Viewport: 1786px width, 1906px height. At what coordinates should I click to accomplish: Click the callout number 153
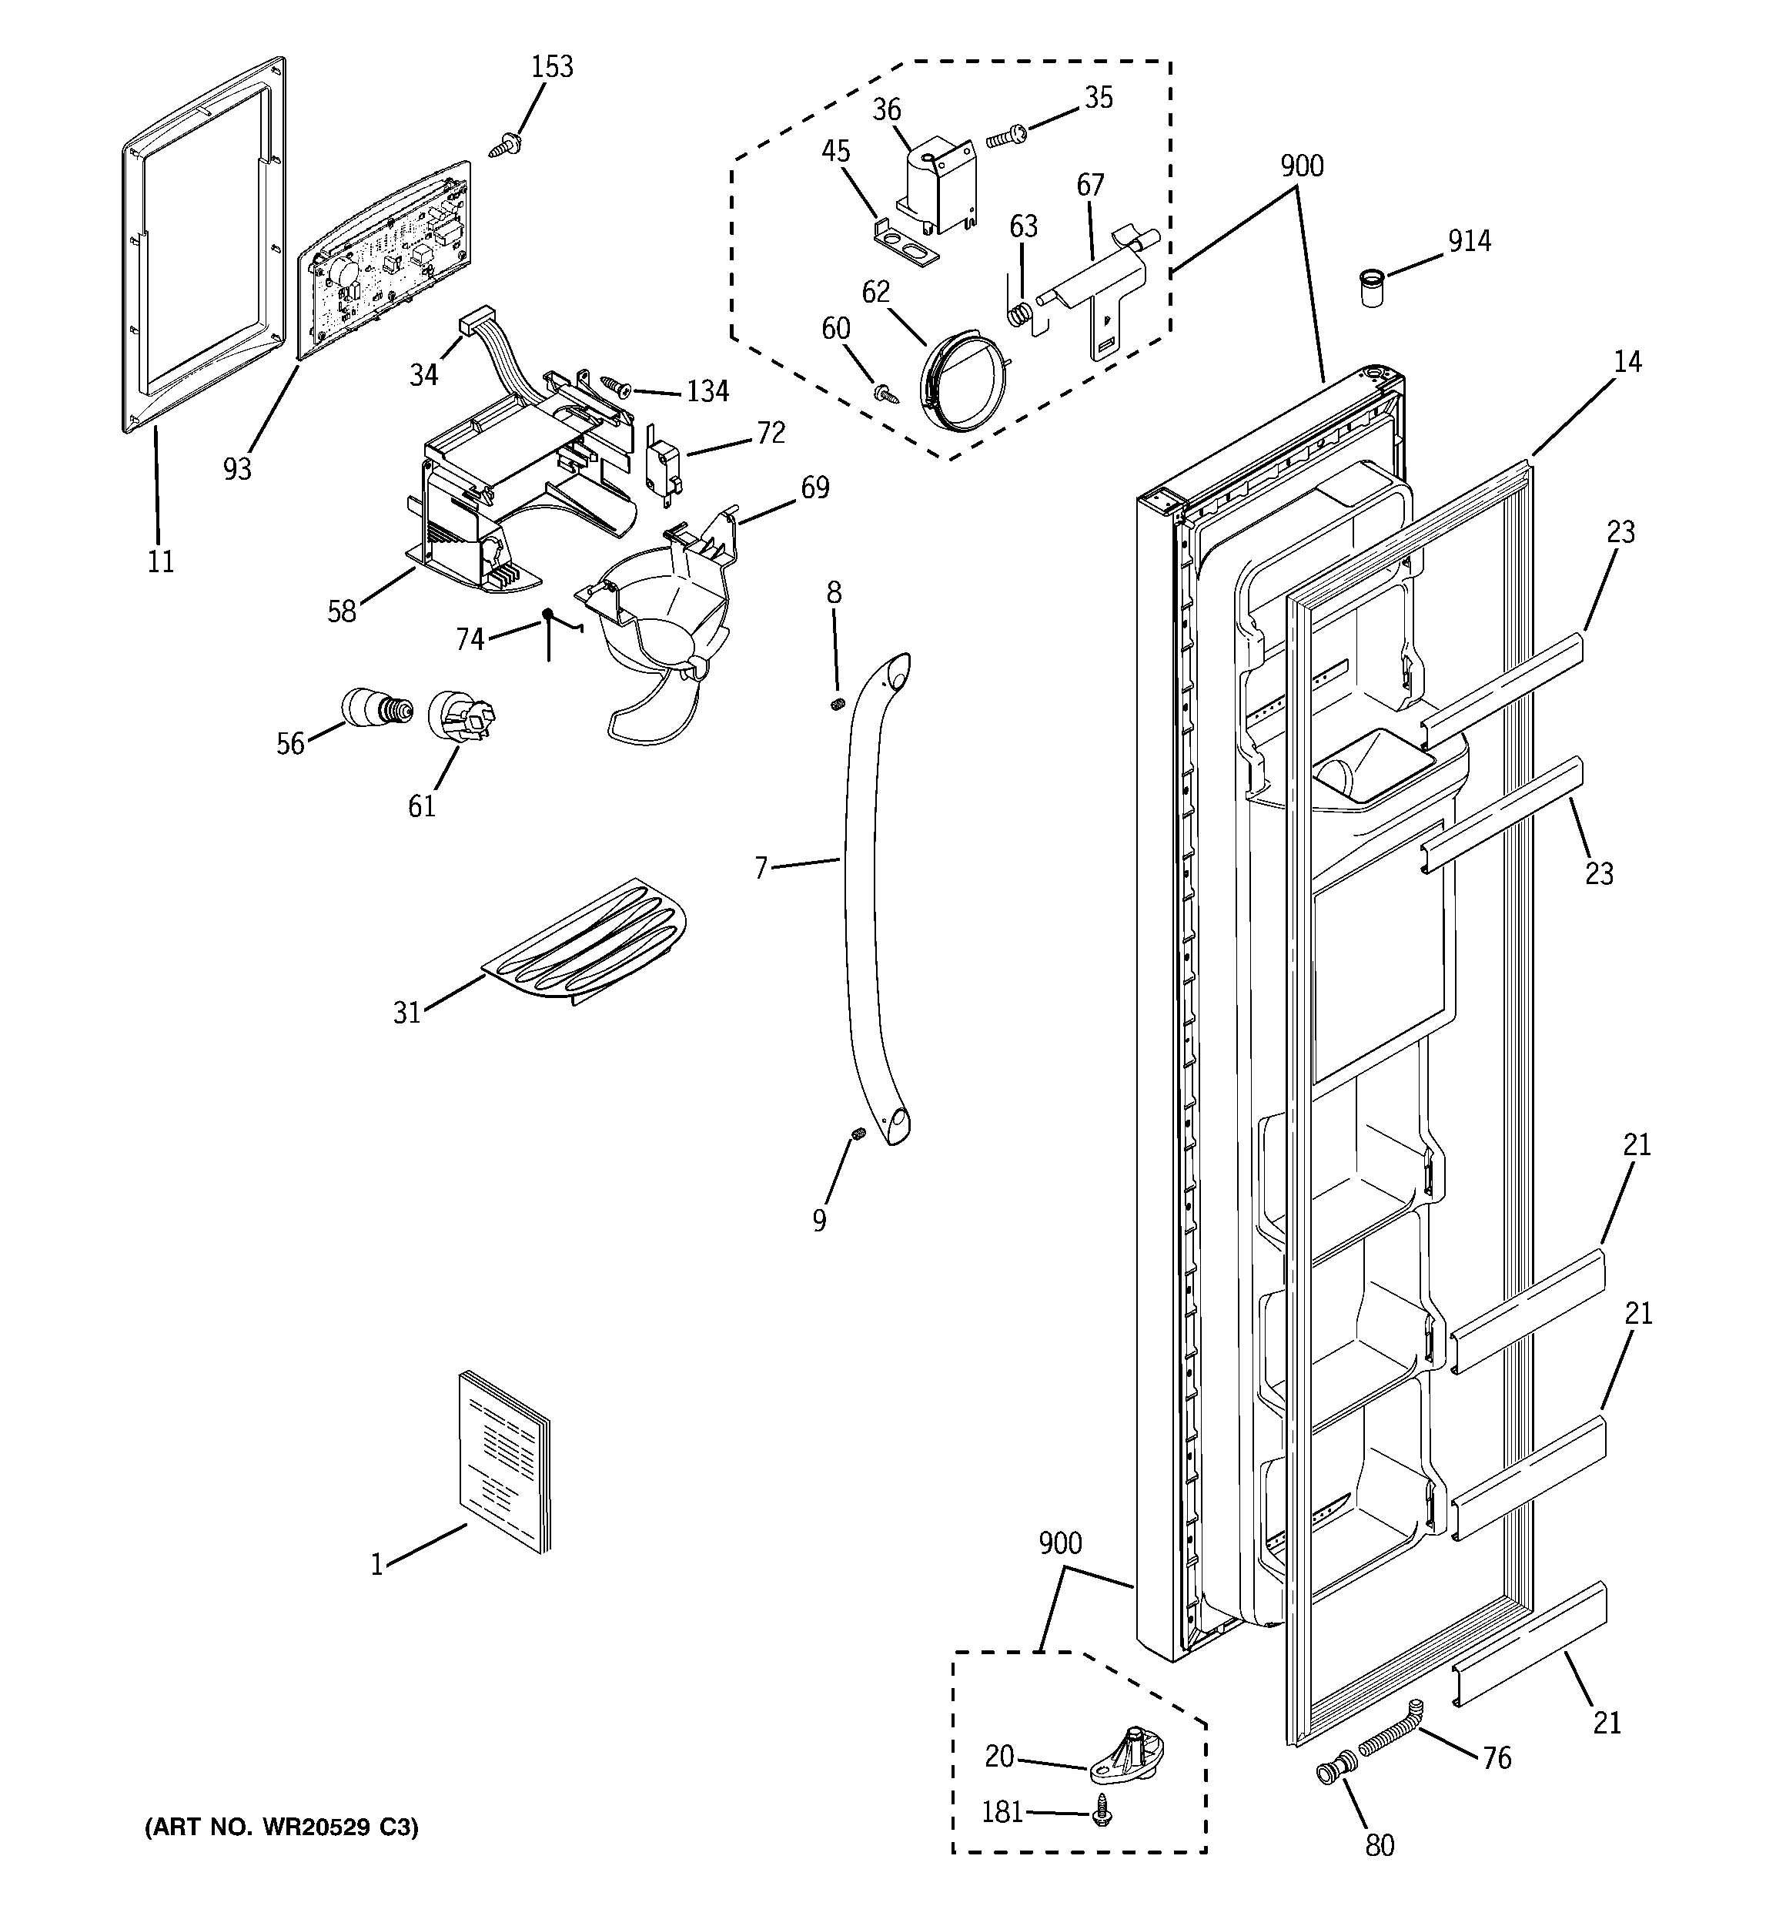coord(552,67)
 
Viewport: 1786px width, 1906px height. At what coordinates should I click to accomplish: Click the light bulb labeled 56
coord(376,708)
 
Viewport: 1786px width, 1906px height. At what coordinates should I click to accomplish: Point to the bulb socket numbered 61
coord(460,715)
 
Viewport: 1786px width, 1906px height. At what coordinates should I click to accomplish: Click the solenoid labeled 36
coord(935,186)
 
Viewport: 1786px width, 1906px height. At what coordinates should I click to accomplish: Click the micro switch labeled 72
coord(661,469)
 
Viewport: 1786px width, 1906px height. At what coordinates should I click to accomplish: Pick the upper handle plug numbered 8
coord(836,705)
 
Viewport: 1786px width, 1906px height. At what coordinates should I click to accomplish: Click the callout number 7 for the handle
coord(761,869)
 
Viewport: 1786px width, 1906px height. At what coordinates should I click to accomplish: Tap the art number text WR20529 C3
coord(282,1828)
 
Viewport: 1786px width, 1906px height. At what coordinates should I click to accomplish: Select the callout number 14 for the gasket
coord(1627,363)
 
